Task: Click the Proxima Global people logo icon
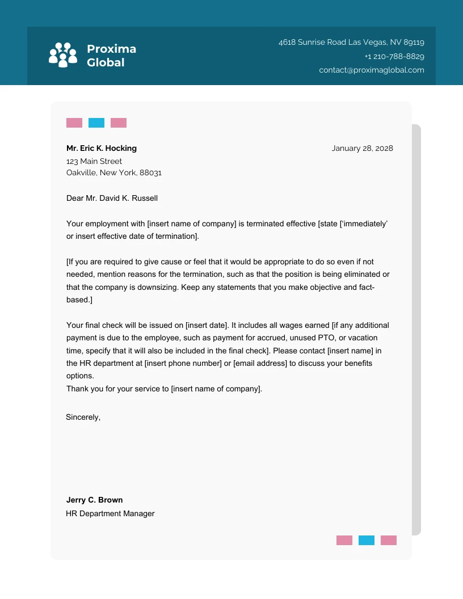click(62, 55)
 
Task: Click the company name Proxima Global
click(111, 56)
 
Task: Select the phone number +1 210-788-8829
click(394, 56)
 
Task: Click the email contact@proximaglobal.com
click(371, 70)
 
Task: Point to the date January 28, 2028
click(362, 148)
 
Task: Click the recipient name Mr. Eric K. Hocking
click(102, 148)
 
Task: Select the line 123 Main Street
click(94, 161)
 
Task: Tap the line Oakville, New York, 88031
click(114, 172)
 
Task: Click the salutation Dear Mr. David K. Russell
click(112, 199)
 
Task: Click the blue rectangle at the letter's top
click(96, 123)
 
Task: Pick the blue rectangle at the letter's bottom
click(367, 540)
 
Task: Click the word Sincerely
click(83, 417)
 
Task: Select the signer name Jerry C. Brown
click(94, 500)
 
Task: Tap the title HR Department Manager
click(110, 513)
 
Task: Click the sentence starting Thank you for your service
click(164, 389)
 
